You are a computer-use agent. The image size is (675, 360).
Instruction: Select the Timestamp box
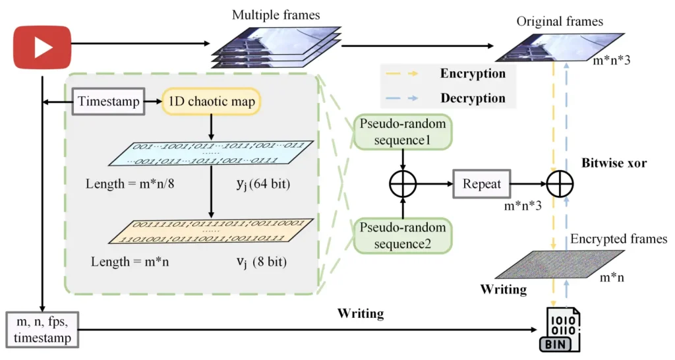[109, 102]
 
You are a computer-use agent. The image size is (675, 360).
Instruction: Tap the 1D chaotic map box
[211, 102]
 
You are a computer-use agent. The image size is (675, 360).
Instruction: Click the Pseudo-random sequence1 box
[402, 132]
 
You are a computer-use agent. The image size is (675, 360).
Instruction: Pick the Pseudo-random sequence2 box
[402, 236]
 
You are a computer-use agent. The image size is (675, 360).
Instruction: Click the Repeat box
[481, 184]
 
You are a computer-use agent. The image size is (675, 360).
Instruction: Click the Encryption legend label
[473, 74]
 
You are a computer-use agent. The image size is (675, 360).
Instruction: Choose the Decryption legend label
[473, 98]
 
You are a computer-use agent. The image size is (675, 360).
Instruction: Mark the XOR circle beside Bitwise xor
[559, 184]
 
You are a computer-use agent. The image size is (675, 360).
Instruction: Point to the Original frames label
[559, 21]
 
